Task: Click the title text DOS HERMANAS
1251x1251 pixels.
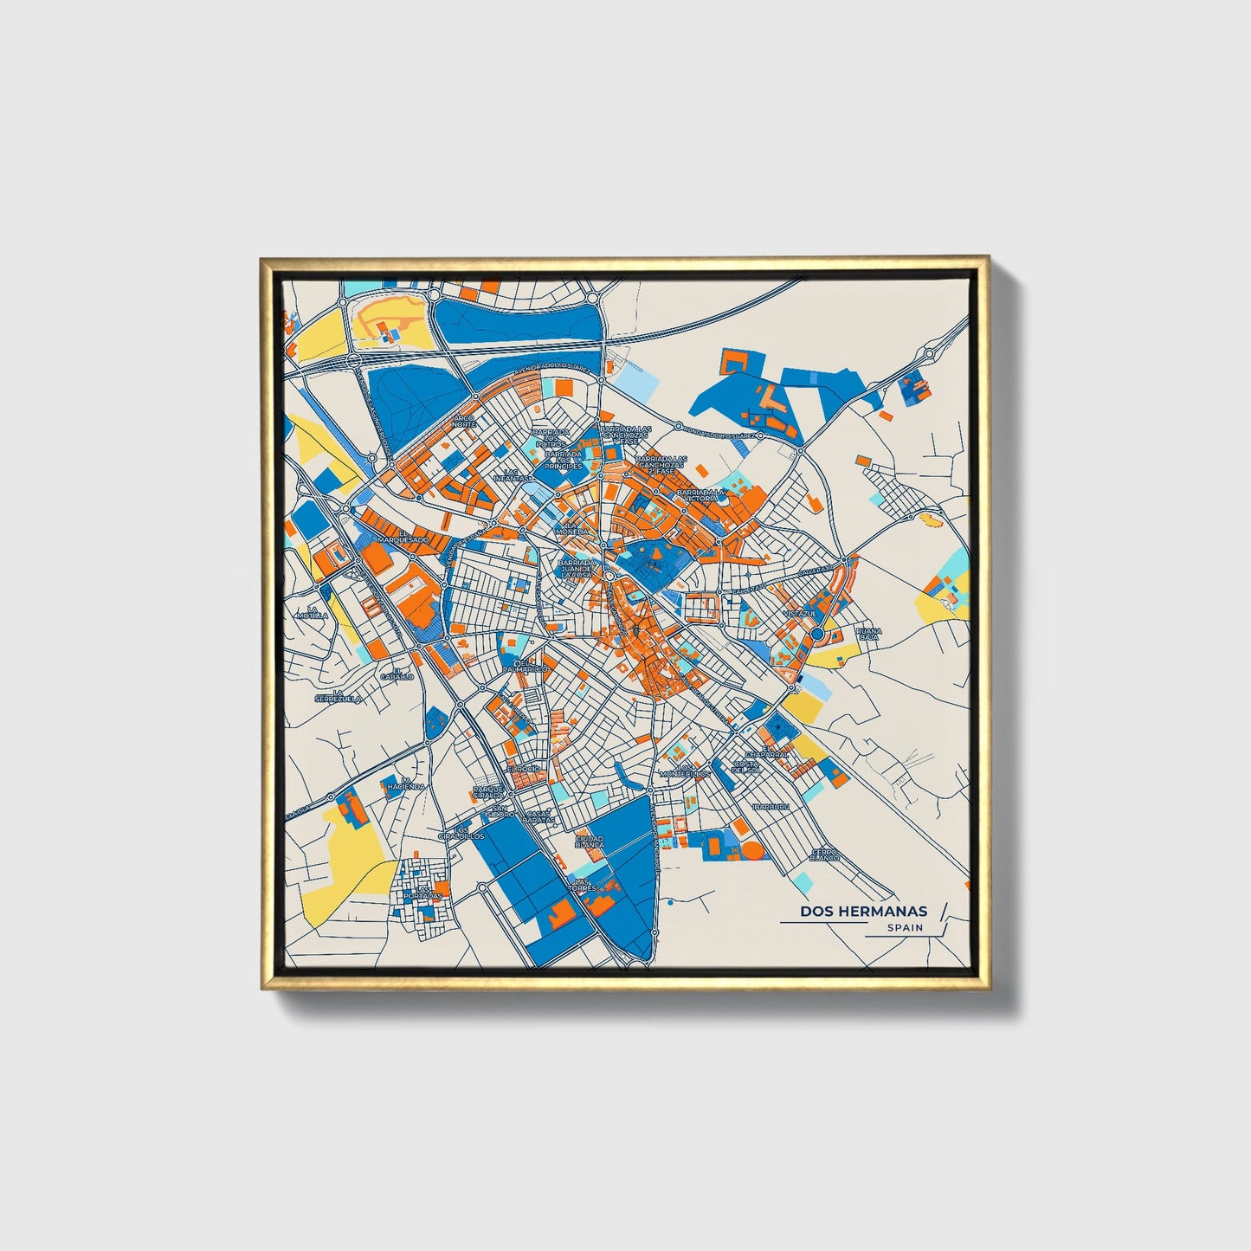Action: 862,911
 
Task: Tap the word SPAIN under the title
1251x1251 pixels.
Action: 905,928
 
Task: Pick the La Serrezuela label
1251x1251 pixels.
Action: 337,694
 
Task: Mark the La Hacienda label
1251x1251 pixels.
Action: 406,783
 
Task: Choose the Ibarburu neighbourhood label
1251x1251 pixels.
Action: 771,806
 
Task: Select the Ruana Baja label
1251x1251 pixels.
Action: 867,634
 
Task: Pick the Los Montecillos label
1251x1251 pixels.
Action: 684,771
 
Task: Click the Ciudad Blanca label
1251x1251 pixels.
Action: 589,841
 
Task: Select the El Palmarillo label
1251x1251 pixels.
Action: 526,666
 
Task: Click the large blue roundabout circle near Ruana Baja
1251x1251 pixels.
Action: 816,635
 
